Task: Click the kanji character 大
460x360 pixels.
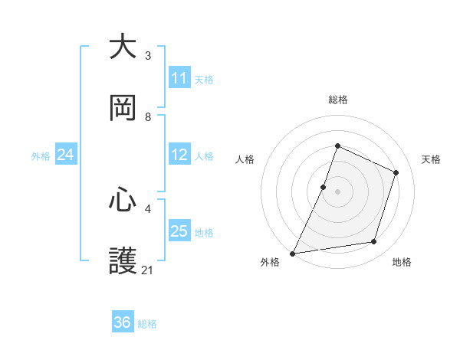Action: click(123, 47)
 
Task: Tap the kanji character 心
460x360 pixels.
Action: click(123, 200)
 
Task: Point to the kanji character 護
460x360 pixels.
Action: click(123, 261)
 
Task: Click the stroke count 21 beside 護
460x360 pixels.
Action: click(148, 270)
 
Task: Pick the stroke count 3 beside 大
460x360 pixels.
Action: click(148, 56)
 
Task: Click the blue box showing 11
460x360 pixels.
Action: click(179, 78)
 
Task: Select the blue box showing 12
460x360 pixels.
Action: click(179, 155)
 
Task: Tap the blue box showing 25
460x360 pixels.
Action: click(179, 231)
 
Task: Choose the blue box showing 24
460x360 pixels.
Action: click(66, 155)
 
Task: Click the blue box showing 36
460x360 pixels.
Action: click(123, 322)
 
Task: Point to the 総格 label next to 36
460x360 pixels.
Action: click(147, 324)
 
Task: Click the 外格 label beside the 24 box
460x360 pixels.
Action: click(41, 156)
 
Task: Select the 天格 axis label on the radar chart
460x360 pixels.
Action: click(431, 159)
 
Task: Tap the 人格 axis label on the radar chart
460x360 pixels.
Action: click(245, 159)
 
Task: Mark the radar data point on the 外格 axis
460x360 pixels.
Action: click(292, 253)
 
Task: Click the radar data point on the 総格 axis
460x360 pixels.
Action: click(337, 146)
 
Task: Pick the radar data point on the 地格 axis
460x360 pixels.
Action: click(374, 242)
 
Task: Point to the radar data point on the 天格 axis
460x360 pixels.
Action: click(396, 172)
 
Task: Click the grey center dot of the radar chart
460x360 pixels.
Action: click(337, 191)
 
